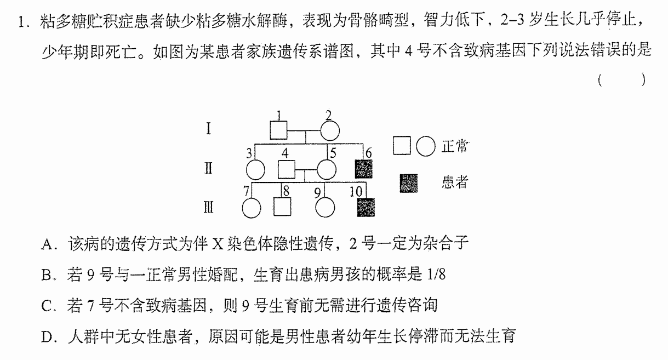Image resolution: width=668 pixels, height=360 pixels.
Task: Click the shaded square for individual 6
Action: point(363,169)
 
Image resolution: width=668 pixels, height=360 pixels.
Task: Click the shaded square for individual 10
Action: point(366,207)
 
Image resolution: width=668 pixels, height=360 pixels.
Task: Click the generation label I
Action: point(208,129)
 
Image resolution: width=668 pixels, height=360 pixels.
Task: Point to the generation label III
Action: point(208,207)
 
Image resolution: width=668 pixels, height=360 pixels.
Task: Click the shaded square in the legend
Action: point(409,184)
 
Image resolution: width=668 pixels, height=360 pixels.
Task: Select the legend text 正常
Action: point(455,146)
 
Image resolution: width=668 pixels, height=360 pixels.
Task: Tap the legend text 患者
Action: point(455,181)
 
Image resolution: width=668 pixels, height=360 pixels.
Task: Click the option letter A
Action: point(48,244)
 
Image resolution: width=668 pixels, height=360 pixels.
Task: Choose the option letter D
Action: point(47,337)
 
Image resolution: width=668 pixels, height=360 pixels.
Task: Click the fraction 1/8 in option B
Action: point(437,274)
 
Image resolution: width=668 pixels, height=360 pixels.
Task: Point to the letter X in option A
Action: point(218,244)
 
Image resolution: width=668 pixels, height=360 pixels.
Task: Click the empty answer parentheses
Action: point(622,79)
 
